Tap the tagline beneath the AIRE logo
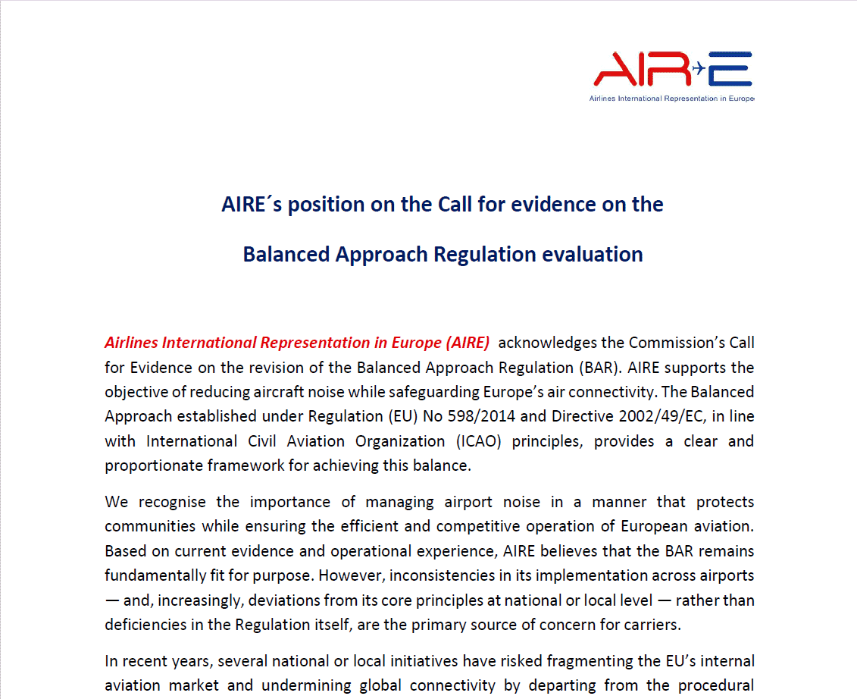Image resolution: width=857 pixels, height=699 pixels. (x=671, y=99)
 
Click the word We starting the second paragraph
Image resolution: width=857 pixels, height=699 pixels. (x=117, y=502)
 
